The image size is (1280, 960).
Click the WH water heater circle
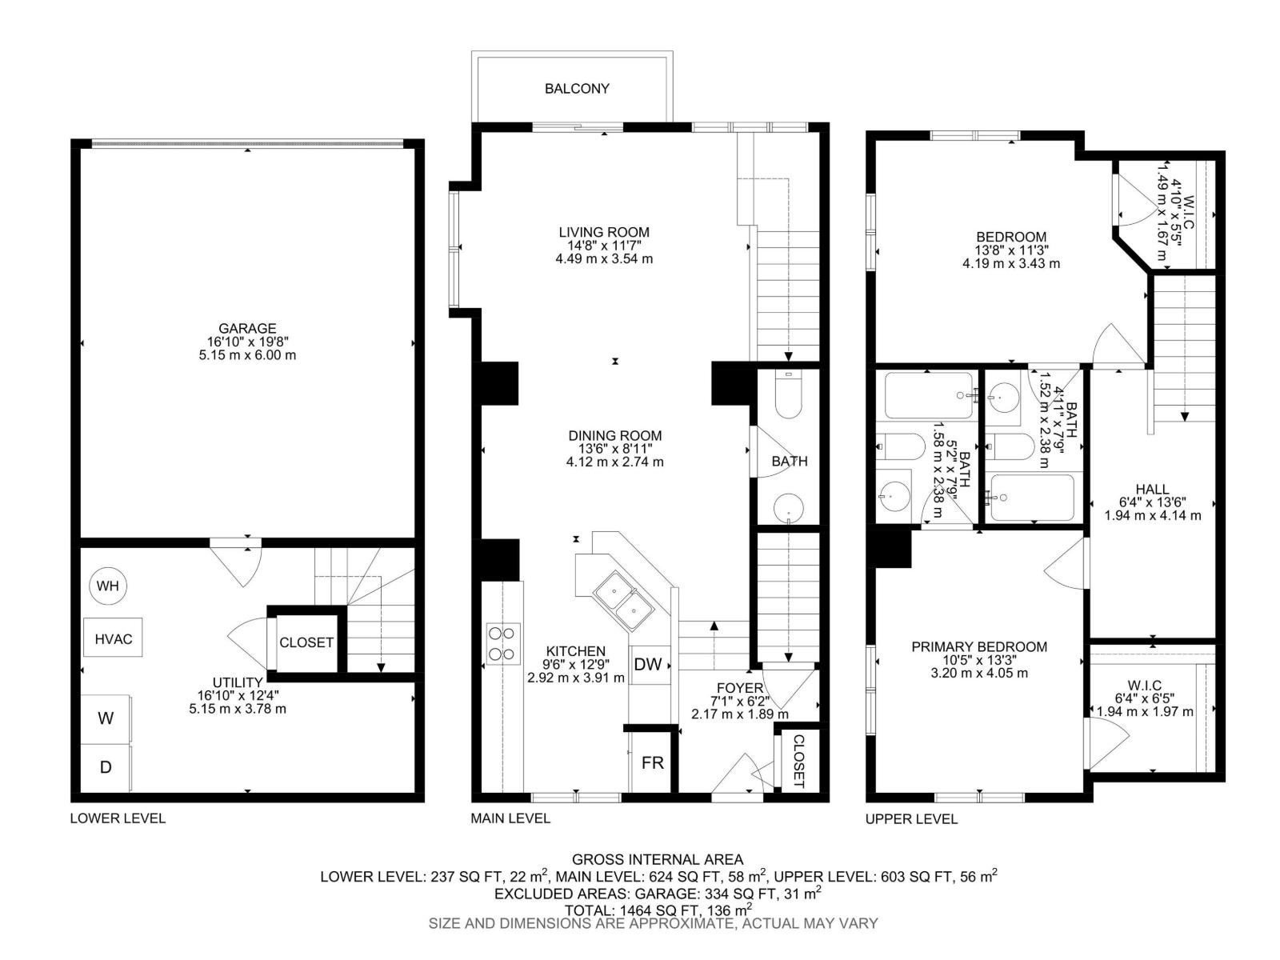click(x=108, y=586)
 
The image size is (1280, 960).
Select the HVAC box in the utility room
click(x=113, y=639)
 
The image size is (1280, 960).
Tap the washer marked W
click(x=106, y=718)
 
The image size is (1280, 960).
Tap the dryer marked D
click(x=106, y=767)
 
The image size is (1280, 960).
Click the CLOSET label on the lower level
click(x=306, y=642)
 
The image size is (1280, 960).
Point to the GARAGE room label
click(x=247, y=328)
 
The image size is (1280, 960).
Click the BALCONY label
click(x=577, y=89)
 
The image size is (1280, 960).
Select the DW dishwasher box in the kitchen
click(x=647, y=665)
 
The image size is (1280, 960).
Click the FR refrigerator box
click(x=653, y=762)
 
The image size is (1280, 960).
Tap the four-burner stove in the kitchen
click(x=503, y=643)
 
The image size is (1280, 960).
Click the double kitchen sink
click(x=624, y=604)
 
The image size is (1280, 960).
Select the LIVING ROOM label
click(x=604, y=233)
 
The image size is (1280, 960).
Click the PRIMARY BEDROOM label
click(x=979, y=647)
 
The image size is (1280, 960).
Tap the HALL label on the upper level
click(x=1152, y=490)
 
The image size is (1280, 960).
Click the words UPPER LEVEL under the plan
click(x=911, y=819)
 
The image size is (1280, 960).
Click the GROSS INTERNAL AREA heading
click(x=658, y=860)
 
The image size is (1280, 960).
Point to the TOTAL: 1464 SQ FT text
click(x=658, y=910)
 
